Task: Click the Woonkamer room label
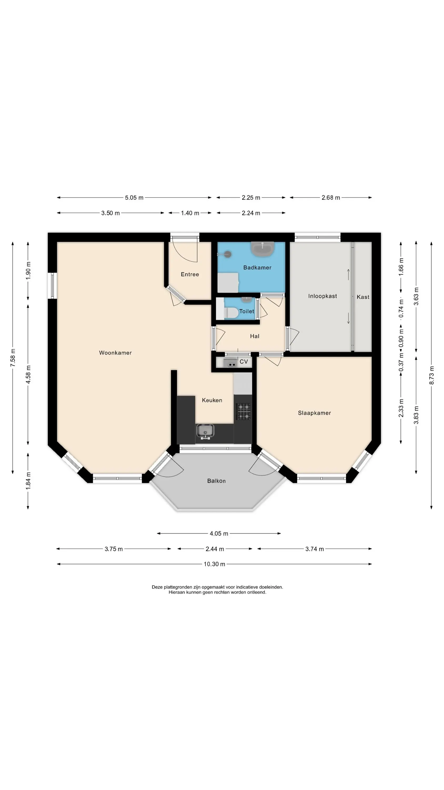coord(115,353)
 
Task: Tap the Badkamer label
coord(257,268)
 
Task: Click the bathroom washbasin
coord(262,249)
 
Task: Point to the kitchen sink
coord(205,432)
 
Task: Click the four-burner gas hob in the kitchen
coord(244,412)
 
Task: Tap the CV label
coord(244,362)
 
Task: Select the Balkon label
coord(216,481)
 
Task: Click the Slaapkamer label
coord(314,413)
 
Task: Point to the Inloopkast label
coord(322,296)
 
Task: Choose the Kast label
coord(363,297)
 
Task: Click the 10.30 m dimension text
coord(214,564)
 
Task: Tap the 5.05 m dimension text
coord(134,197)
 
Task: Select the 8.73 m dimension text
coord(431,375)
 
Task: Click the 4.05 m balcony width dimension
coord(219,533)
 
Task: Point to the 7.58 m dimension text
coord(13,358)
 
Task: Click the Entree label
coord(190,274)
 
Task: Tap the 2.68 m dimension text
coord(331,197)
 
